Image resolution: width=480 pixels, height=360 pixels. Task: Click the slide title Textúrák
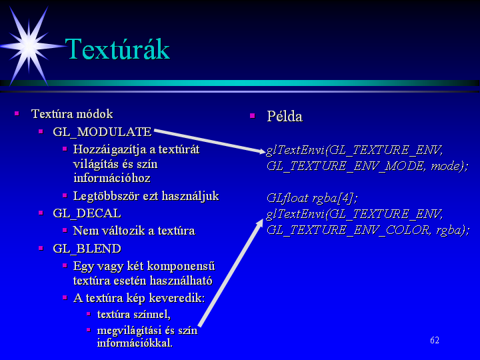pyautogui.click(x=117, y=49)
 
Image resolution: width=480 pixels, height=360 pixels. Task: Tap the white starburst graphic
pyautogui.click(x=29, y=46)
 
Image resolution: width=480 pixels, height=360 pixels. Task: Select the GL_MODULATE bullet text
pyautogui.click(x=102, y=132)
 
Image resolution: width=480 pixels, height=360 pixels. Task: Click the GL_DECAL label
pyautogui.click(x=87, y=213)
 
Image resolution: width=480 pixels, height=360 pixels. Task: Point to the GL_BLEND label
pyautogui.click(x=87, y=248)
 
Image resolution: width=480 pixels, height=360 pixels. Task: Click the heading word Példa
pyautogui.click(x=285, y=116)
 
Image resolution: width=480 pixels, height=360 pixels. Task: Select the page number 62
pyautogui.click(x=435, y=340)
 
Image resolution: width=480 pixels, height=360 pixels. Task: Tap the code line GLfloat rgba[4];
pyautogui.click(x=312, y=198)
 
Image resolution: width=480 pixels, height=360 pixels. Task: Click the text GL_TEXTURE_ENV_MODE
pyautogui.click(x=345, y=166)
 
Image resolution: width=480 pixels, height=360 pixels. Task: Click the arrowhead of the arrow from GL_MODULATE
pyautogui.click(x=263, y=151)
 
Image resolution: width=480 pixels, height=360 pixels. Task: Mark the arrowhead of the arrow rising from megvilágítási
pyautogui.click(x=260, y=222)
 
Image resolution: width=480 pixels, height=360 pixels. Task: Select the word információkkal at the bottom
pyautogui.click(x=135, y=343)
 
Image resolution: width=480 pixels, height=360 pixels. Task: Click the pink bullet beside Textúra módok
pyautogui.click(x=17, y=114)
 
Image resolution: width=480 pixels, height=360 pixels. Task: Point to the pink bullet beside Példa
pyautogui.click(x=253, y=116)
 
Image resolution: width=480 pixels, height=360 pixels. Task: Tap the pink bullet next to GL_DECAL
pyautogui.click(x=41, y=213)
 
